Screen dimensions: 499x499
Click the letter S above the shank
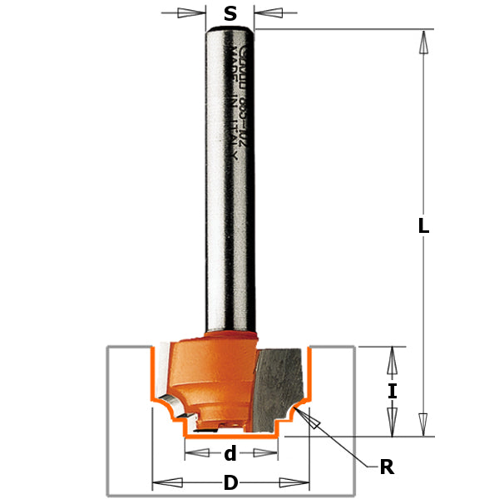click(x=230, y=13)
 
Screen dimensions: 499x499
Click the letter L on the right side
click(x=423, y=224)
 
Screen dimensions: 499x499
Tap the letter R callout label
click(x=386, y=467)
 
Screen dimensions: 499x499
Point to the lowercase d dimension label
click(x=230, y=453)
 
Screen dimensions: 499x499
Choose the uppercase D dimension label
click(x=230, y=483)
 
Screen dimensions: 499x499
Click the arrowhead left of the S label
click(x=196, y=13)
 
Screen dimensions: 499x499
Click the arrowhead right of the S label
click(x=264, y=13)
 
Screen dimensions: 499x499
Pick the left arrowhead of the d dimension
click(x=195, y=453)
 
